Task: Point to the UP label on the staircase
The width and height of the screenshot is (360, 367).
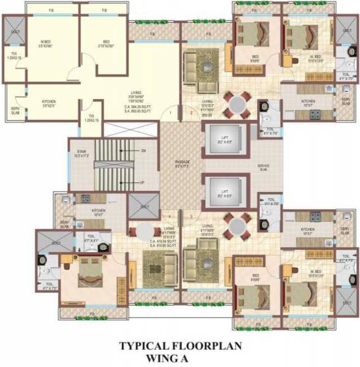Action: point(143,182)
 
